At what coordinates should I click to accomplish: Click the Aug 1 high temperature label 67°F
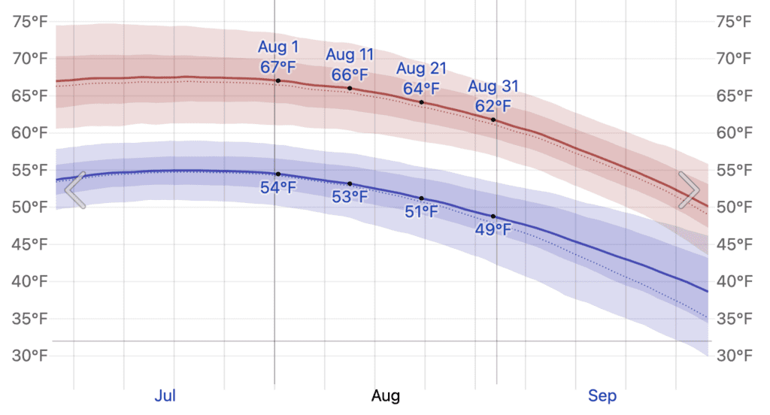pos(278,66)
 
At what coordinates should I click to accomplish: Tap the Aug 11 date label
pos(350,55)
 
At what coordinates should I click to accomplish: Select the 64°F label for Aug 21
pos(421,88)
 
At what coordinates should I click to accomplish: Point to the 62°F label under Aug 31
pos(493,105)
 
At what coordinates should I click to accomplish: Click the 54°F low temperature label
pos(278,188)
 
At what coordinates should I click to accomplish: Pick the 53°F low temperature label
pos(350,198)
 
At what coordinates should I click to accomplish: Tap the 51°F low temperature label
pos(421,212)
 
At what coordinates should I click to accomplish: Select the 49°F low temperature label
pos(493,230)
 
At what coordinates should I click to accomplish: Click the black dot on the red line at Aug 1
pos(278,80)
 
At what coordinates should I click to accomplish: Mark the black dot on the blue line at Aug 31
pos(493,217)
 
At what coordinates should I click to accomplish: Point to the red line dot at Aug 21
pos(421,102)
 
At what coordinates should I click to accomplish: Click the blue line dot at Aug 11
pos(350,183)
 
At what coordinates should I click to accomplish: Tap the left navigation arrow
pos(74,189)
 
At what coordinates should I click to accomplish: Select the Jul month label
pos(165,395)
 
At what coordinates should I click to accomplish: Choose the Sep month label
pos(602,395)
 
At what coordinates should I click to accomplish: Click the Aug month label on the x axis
pos(386,395)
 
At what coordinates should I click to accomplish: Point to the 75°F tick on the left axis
pos(30,21)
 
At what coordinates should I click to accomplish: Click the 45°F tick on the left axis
pos(30,244)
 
